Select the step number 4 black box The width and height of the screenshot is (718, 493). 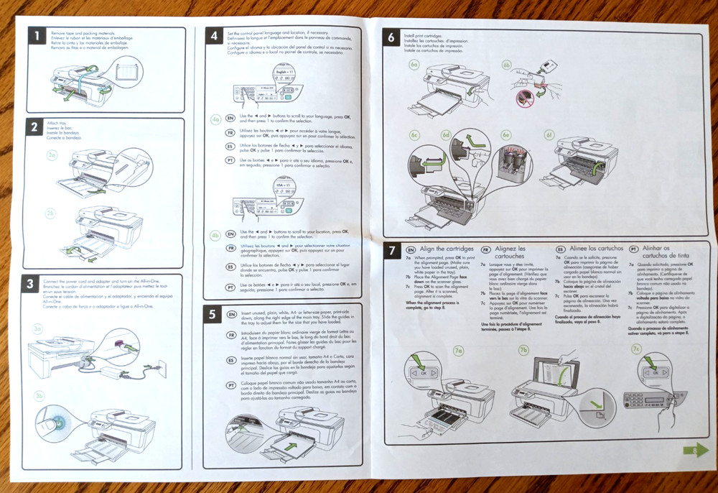point(213,37)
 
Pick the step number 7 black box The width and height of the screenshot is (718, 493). point(391,252)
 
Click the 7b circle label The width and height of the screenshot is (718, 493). point(523,350)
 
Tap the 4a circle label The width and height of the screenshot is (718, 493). point(216,119)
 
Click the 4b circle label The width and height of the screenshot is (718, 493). point(215,234)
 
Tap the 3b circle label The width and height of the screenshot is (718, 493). point(39,395)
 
